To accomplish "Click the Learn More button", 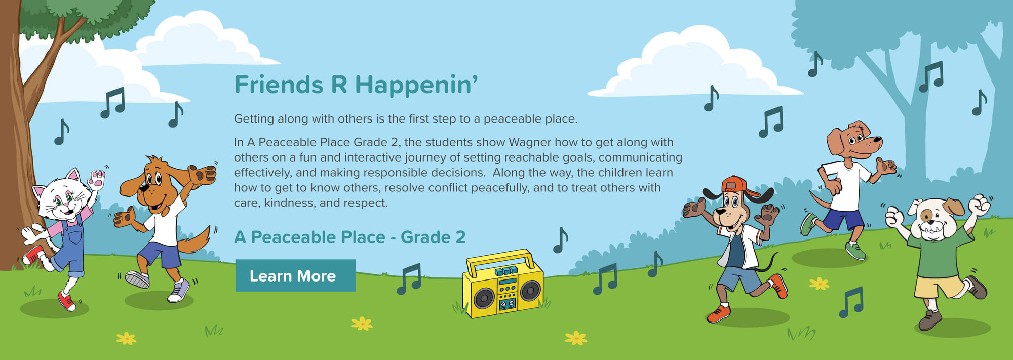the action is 295,275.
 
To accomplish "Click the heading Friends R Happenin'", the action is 356,85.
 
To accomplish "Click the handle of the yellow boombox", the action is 499,257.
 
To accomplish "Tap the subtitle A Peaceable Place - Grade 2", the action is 350,237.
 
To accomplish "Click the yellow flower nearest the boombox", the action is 575,338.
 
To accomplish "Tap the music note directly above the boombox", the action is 560,240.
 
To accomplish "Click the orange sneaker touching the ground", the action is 719,314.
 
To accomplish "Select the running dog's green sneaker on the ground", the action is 855,251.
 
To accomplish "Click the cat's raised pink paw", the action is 96,178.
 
